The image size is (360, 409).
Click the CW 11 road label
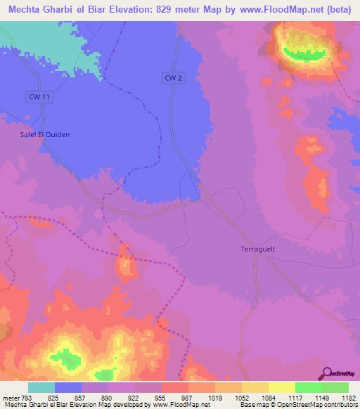point(39,96)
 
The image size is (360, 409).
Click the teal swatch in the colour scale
point(41,387)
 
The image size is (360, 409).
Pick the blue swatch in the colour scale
point(68,387)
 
